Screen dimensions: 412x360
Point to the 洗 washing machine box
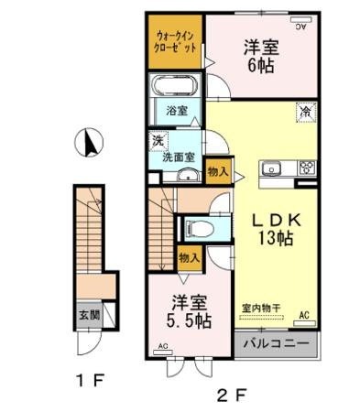[158, 141]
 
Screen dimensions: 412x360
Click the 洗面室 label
[178, 157]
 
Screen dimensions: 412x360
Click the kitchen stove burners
[305, 168]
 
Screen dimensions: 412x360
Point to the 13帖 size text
[274, 241]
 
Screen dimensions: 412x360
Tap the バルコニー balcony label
[276, 345]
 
